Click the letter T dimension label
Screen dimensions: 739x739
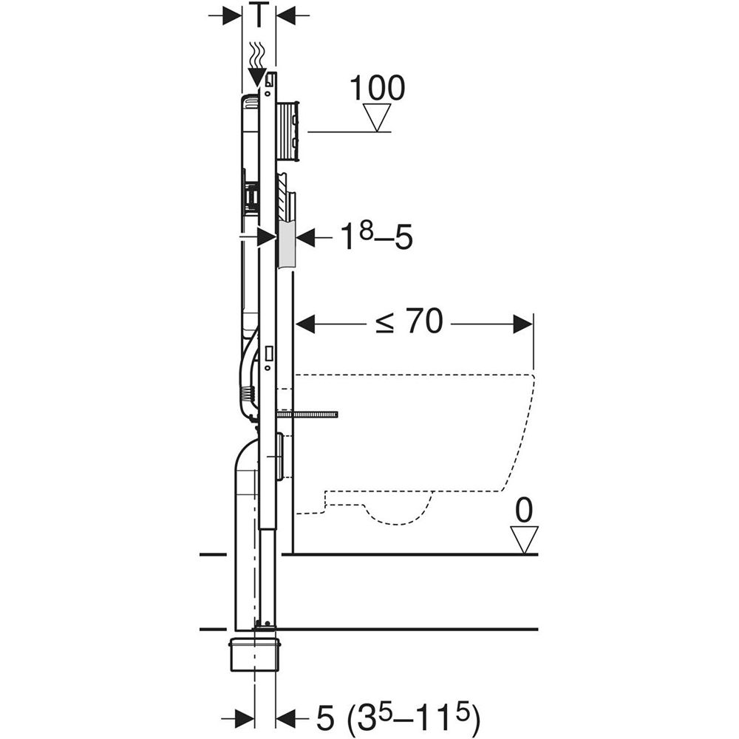tap(259, 14)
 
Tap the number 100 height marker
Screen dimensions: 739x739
tap(377, 88)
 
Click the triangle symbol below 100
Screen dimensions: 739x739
tap(377, 118)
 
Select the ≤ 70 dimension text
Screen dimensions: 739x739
tap(409, 322)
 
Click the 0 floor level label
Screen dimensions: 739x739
tap(524, 511)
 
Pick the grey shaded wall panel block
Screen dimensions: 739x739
tap(287, 245)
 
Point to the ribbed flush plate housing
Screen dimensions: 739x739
tap(287, 132)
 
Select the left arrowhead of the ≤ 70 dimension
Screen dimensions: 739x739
tap(305, 324)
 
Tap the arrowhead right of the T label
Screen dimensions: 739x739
tap(285, 16)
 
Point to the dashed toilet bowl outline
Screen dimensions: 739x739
tap(415, 448)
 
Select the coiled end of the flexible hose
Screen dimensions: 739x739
tap(247, 392)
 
